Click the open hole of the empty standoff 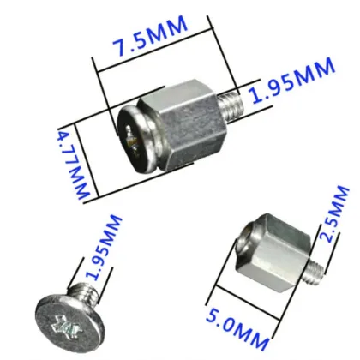point(244,238)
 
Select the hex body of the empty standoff point(276,245)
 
